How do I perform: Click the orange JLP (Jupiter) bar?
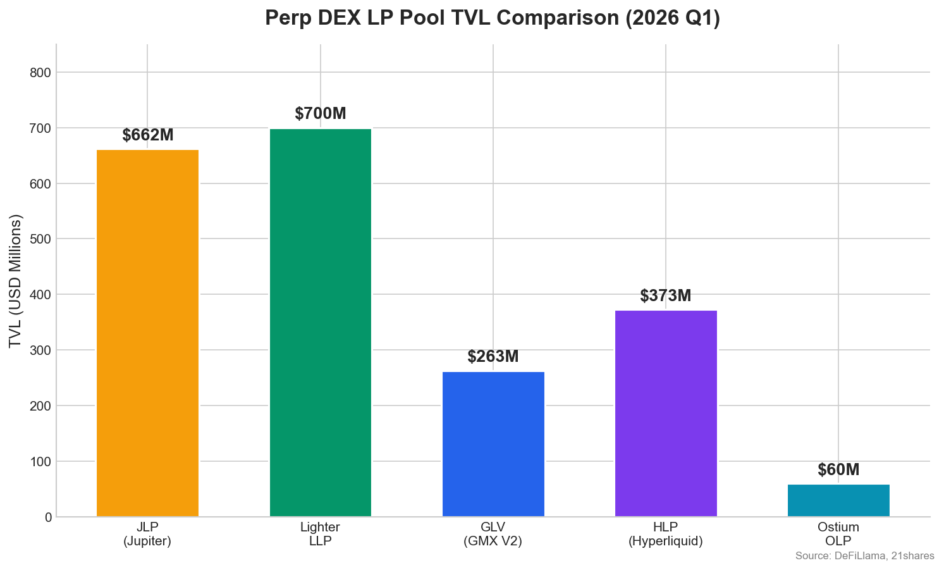point(147,333)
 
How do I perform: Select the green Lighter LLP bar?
point(321,323)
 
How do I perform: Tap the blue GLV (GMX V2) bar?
point(493,444)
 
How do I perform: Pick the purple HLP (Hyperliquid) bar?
point(666,413)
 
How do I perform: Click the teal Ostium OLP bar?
point(838,500)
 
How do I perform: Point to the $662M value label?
point(148,135)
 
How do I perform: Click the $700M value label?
point(321,113)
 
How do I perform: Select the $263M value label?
point(493,357)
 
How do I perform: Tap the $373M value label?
point(666,295)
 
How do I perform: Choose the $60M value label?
point(838,469)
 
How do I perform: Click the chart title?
point(493,18)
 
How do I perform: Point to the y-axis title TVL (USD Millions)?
point(15,282)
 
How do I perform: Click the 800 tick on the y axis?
point(40,73)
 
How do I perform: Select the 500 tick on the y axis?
point(40,239)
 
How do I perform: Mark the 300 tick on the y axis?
point(40,350)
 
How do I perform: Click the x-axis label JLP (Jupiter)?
point(147,534)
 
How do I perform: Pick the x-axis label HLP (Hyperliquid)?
point(666,534)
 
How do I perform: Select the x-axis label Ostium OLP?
point(838,534)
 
